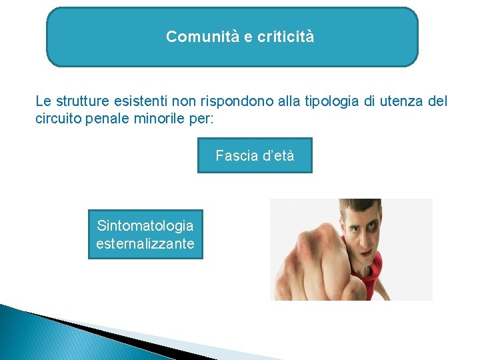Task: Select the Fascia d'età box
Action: [x=255, y=155]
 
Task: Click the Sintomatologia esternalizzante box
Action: [x=145, y=235]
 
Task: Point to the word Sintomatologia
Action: [x=145, y=226]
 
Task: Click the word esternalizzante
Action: [x=145, y=243]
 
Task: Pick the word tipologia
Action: [x=326, y=102]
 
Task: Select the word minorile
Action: [x=151, y=119]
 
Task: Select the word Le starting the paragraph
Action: [x=42, y=102]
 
